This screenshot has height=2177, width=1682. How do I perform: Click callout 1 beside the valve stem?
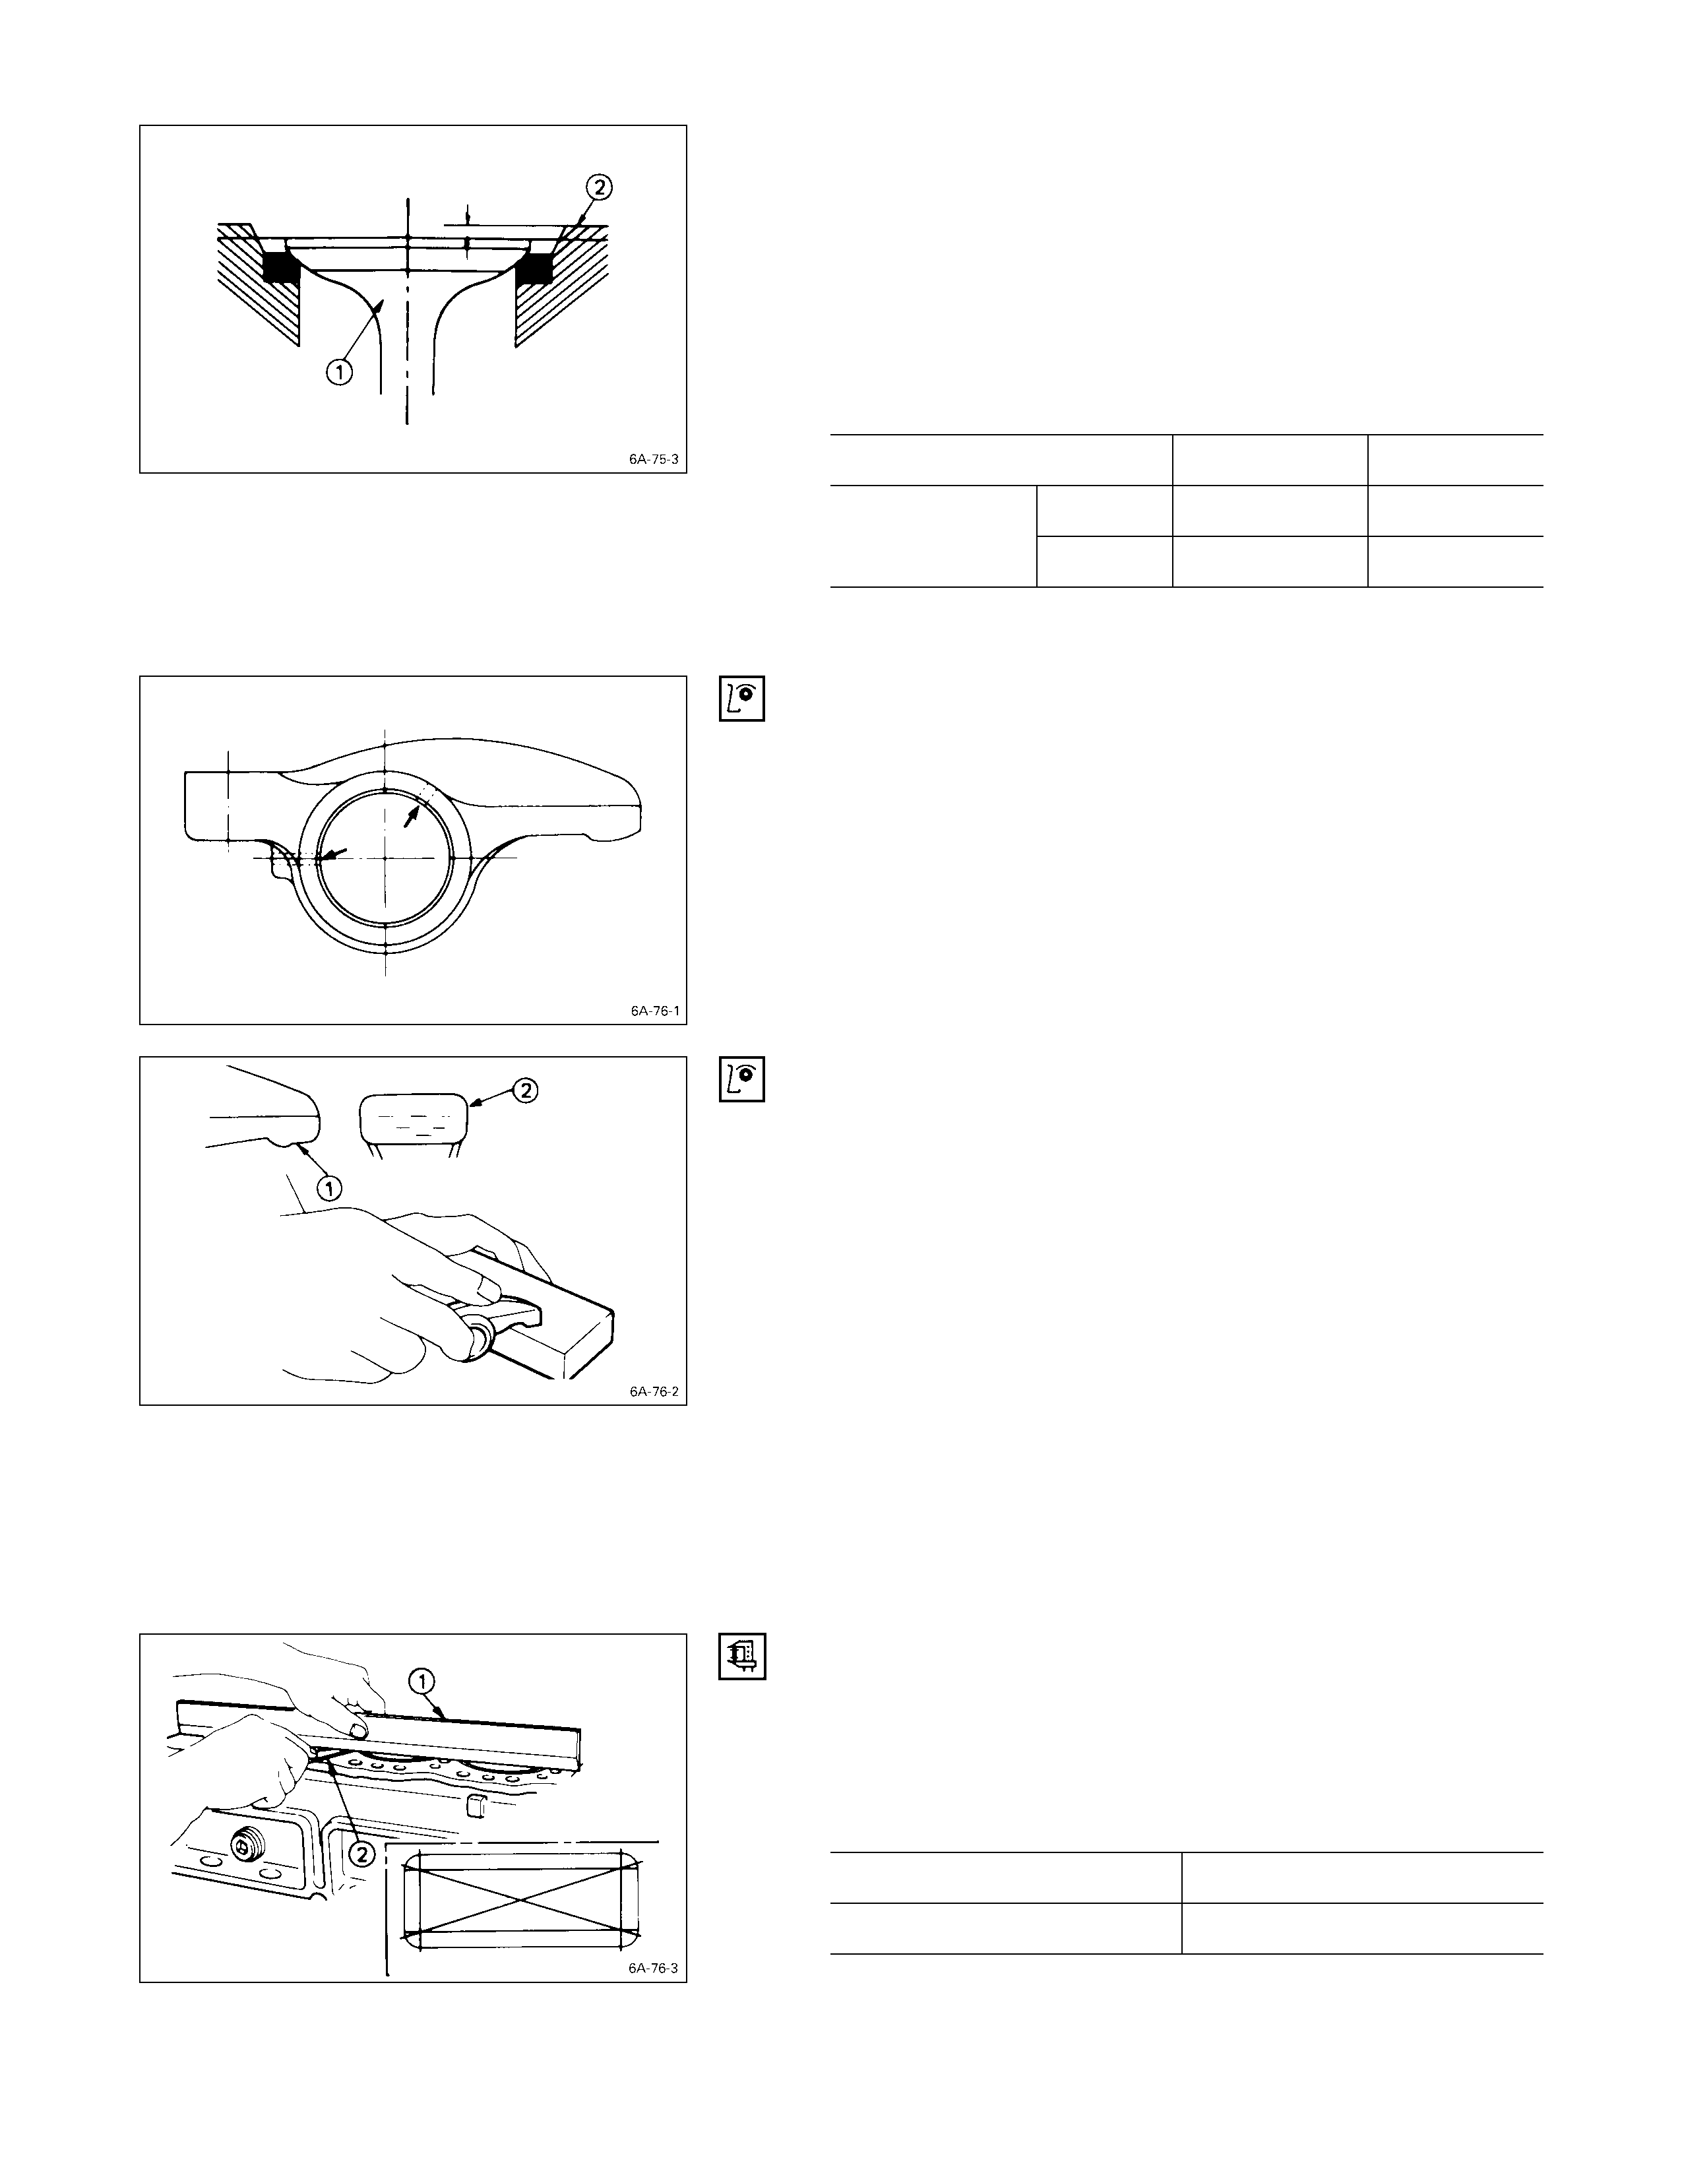pos(340,373)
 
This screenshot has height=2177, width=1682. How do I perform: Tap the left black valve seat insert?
pos(280,266)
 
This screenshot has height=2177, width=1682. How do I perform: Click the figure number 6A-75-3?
pos(654,460)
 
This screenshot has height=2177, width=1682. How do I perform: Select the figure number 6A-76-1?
pos(654,1011)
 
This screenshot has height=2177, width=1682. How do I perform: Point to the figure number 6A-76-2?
pos(654,1391)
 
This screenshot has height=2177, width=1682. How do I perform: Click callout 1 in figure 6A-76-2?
pos(329,1187)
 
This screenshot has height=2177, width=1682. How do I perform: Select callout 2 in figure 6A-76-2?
pos(526,1090)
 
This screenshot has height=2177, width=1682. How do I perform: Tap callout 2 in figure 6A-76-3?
pos(363,1853)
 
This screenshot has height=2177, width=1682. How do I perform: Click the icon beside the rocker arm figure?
pos(741,699)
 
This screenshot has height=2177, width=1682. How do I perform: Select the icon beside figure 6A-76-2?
pos(741,1079)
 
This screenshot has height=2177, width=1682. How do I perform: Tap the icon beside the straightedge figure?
pos(741,1656)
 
